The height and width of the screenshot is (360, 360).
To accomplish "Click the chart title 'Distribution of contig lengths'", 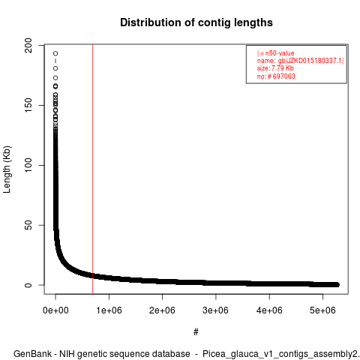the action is [x=196, y=22].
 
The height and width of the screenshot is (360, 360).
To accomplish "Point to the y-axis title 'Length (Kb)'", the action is [x=7, y=169].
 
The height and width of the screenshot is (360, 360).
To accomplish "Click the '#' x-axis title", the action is [x=196, y=332].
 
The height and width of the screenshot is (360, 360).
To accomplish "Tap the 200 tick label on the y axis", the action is [x=28, y=45].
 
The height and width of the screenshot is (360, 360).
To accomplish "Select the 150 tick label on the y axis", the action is [x=28, y=105].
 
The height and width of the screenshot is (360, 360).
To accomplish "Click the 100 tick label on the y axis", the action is [x=28, y=165].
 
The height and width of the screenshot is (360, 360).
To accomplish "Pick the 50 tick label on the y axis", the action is [x=28, y=225].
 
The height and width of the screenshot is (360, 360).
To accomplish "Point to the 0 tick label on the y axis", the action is [x=28, y=285].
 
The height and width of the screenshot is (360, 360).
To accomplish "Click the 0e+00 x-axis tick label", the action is [x=55, y=310].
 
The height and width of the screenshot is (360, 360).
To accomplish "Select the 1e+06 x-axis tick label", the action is [x=109, y=310].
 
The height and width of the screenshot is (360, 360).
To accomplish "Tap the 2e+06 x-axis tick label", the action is [x=162, y=310].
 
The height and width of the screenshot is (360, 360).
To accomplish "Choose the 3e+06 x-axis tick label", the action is [x=216, y=310].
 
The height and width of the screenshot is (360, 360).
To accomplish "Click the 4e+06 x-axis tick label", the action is [x=269, y=310].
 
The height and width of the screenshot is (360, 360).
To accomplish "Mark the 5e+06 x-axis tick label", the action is [x=322, y=310].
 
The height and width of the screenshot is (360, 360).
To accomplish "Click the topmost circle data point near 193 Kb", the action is [x=55, y=53].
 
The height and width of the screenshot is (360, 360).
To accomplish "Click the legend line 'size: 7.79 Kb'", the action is [x=275, y=68].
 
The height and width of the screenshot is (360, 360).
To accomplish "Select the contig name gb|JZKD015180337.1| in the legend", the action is [x=311, y=61].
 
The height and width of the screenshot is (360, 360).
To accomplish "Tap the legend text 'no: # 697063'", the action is [x=276, y=76].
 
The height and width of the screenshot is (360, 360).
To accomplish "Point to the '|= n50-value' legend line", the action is [x=275, y=53].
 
